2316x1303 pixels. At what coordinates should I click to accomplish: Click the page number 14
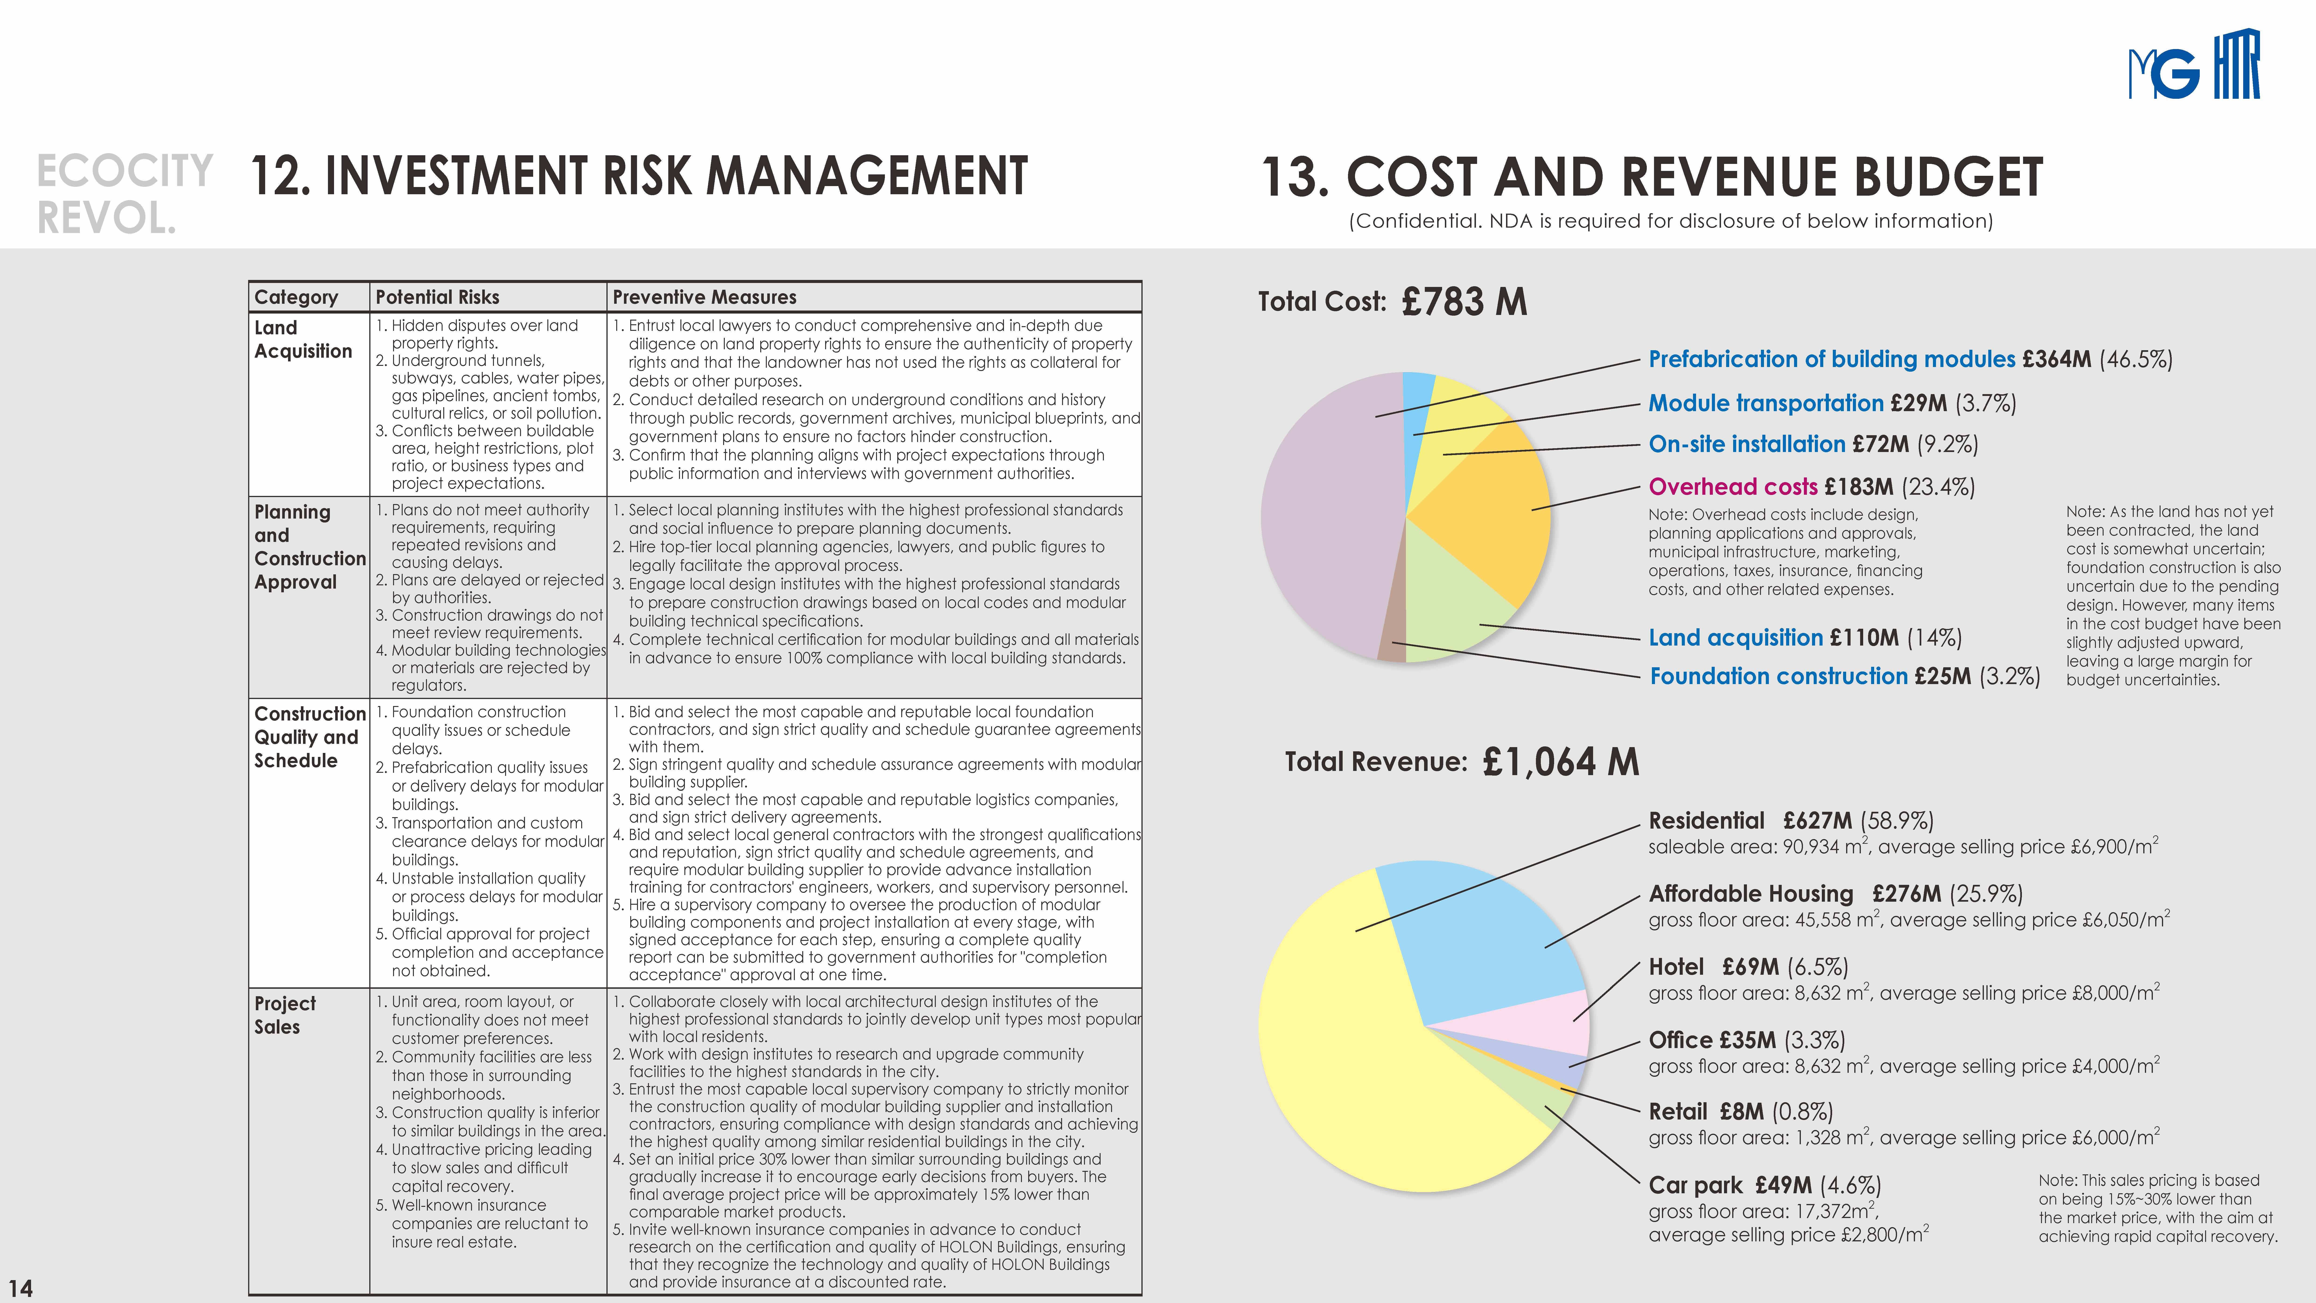pos(21,1288)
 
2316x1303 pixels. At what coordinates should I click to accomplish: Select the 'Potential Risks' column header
pos(437,297)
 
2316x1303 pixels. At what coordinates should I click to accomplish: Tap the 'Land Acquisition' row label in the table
pos(303,339)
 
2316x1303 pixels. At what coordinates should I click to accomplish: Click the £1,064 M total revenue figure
pos(1561,762)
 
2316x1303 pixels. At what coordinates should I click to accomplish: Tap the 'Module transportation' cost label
pos(1766,403)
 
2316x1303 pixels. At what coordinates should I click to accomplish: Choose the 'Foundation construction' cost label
pos(1778,676)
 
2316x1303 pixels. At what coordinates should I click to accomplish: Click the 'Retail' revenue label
pos(1678,1112)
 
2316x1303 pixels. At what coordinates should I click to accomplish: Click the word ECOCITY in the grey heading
pos(125,171)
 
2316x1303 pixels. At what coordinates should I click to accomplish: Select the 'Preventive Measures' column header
pos(705,297)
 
